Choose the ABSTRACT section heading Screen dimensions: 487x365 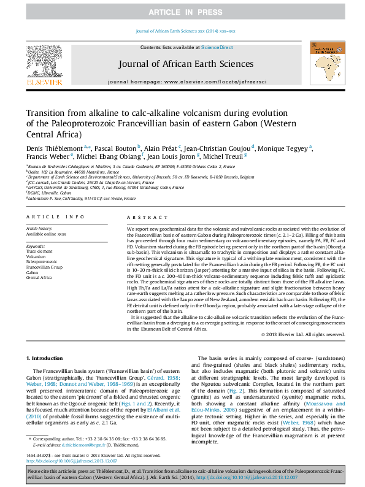(x=143, y=217)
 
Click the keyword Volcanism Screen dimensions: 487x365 (x=36, y=256)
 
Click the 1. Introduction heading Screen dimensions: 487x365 (x=47, y=358)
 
